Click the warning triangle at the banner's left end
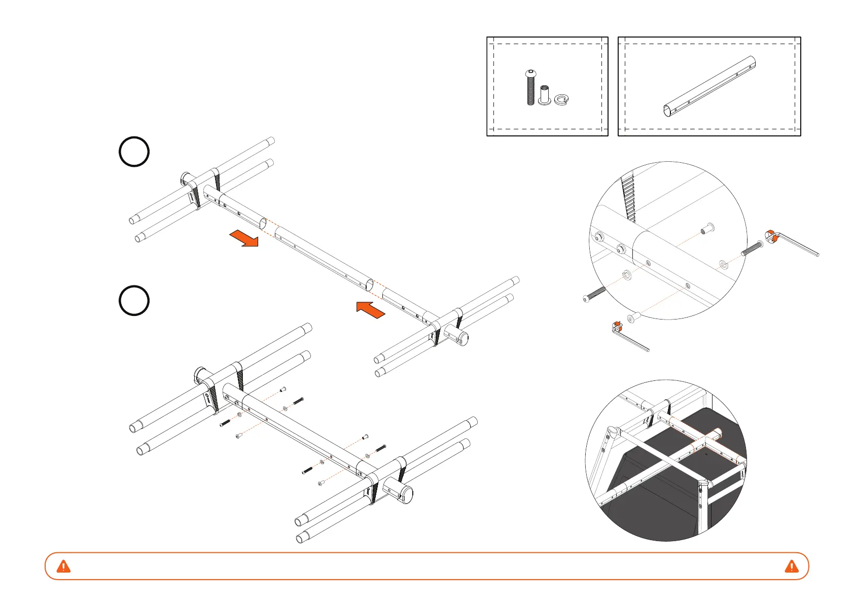tap(63, 566)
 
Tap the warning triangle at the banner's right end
tap(791, 566)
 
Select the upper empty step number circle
tap(134, 152)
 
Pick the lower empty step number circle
tap(134, 301)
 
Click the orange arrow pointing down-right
tap(244, 238)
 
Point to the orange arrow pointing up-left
tap(371, 309)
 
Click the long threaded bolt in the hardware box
tap(530, 88)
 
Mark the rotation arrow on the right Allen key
tap(771, 236)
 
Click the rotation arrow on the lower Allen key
tap(617, 326)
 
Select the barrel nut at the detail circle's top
tap(706, 228)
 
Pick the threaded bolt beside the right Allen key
tap(752, 249)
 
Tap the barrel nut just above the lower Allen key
tap(632, 318)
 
